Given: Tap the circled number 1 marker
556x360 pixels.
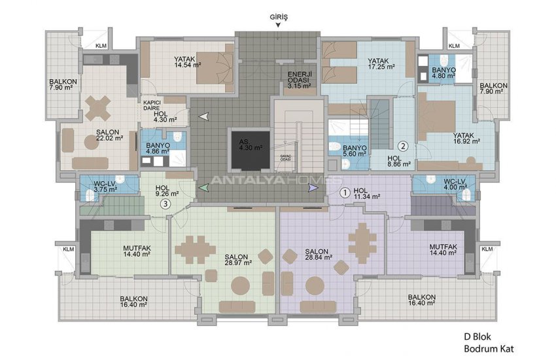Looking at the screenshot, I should pos(345,192).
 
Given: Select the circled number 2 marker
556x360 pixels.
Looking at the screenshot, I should pos(404,147).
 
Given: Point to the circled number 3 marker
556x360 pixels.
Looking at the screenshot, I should pos(166,204).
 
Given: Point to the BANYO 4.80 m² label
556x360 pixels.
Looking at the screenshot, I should pos(443,73).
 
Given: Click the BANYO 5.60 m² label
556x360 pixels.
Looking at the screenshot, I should pos(354,151).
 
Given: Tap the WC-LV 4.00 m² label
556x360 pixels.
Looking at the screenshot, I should pos(454,184).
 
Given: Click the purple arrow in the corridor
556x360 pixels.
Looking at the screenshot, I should pos(313,188).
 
